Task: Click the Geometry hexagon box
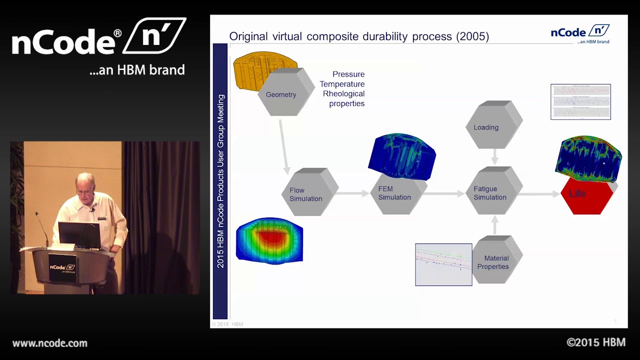tap(283, 94)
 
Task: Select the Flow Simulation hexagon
tap(306, 194)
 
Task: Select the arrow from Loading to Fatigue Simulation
tap(494, 157)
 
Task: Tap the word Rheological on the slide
tap(343, 94)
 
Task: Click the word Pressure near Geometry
tap(348, 74)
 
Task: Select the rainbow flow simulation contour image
tap(269, 240)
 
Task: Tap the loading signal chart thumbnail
tap(580, 101)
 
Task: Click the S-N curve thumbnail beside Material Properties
tap(443, 264)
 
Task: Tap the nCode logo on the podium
tap(62, 267)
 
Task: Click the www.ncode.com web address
tap(49, 343)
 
